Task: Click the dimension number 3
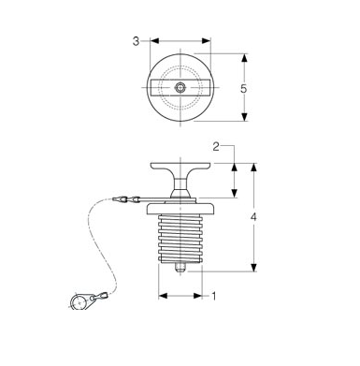136,41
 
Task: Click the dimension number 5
243,89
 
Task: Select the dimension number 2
216,147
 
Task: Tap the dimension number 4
253,217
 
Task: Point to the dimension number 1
214,296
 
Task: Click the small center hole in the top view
180,87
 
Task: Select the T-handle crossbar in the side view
180,167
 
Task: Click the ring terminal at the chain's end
79,302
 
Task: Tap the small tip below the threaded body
180,268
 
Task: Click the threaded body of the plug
180,238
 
